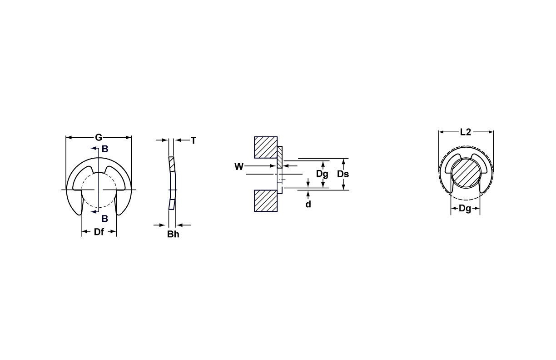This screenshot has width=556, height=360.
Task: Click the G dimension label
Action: [99, 137]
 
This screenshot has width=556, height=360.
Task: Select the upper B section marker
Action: [104, 149]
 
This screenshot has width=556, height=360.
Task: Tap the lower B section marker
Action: [104, 218]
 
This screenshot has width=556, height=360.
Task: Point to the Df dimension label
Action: [99, 232]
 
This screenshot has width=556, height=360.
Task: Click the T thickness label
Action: [194, 140]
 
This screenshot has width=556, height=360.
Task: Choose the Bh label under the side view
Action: [173, 235]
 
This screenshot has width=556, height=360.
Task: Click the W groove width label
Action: [239, 167]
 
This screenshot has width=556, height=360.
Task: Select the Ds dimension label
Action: [343, 174]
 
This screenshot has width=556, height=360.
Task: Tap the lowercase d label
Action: [308, 205]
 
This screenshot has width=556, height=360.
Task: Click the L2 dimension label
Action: [466, 132]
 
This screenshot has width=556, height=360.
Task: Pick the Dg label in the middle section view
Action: [322, 174]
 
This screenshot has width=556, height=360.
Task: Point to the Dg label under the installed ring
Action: [465, 209]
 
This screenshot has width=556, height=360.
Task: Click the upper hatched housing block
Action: [266, 147]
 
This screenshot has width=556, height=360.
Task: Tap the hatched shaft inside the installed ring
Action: [465, 173]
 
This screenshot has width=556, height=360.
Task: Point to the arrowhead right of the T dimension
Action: [179, 140]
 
